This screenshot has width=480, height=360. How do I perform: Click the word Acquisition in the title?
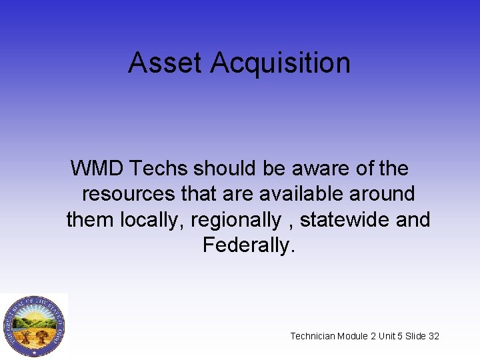tap(280, 63)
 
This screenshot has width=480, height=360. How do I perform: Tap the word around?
tap(382, 194)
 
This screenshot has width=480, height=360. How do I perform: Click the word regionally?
tap(236, 219)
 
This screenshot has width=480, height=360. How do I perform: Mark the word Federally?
tap(248, 245)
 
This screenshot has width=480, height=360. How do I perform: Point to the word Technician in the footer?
tap(312, 336)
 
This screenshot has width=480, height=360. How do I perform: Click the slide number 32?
tap(434, 336)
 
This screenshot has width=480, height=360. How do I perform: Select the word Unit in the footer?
tap(387, 336)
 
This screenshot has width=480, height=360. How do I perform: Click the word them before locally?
tap(91, 219)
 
